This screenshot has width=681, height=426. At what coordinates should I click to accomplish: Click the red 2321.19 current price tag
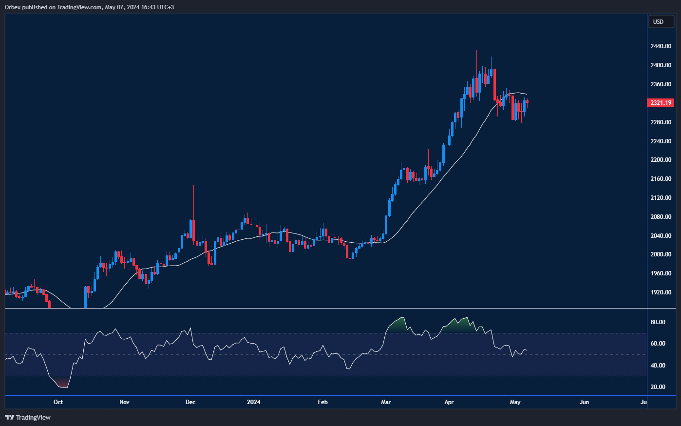coord(660,103)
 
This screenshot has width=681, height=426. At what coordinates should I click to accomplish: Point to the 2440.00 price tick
coord(661,46)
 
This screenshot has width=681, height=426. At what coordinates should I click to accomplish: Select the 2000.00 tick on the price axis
coord(661,254)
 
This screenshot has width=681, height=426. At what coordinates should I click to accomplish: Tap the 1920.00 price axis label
coord(661,292)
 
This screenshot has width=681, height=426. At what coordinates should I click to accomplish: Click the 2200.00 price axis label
coord(661,160)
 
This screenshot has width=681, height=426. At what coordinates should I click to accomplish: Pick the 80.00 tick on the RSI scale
coord(658,322)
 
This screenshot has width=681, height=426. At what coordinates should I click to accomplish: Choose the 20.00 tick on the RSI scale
coord(658,387)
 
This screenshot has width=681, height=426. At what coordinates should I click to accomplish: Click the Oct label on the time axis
coord(58,402)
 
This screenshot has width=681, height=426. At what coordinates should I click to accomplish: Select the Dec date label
coord(190,402)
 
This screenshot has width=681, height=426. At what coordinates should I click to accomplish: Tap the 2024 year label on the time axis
coord(254,402)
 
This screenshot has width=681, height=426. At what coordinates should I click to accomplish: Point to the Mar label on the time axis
coord(386,402)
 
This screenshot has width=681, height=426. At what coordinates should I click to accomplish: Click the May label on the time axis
coord(515,402)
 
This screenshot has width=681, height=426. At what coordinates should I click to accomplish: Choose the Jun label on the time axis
coord(584,402)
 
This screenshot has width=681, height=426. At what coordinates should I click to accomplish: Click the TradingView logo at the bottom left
coord(28,417)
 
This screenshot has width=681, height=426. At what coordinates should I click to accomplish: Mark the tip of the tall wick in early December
coord(193,185)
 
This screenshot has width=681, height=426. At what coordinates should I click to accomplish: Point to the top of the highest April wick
coord(476,51)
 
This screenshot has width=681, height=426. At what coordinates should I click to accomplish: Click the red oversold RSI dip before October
coord(63,385)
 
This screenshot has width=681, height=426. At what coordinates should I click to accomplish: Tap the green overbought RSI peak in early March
coord(401,319)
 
